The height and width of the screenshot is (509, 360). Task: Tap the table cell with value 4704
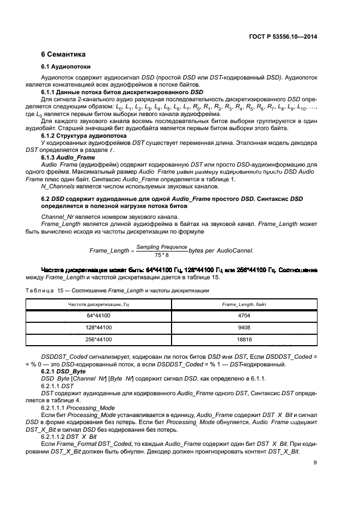tap(243, 315)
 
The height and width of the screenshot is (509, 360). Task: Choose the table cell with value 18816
tap(243, 339)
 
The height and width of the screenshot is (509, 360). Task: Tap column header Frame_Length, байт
tap(243, 303)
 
